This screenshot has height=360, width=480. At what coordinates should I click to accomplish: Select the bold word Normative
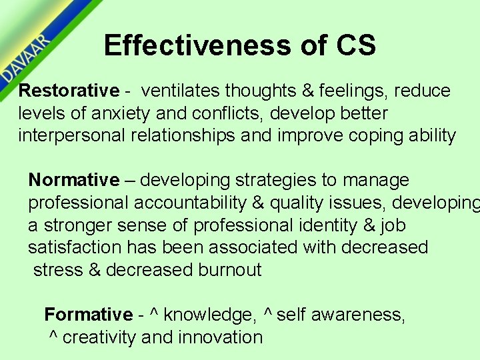tap(73, 180)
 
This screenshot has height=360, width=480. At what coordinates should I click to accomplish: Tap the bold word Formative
tap(89, 314)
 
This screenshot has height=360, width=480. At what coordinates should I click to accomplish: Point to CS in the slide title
tap(356, 45)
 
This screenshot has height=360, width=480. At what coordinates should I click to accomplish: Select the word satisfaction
tap(75, 247)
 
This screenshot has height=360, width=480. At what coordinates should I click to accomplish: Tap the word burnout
tap(230, 270)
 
